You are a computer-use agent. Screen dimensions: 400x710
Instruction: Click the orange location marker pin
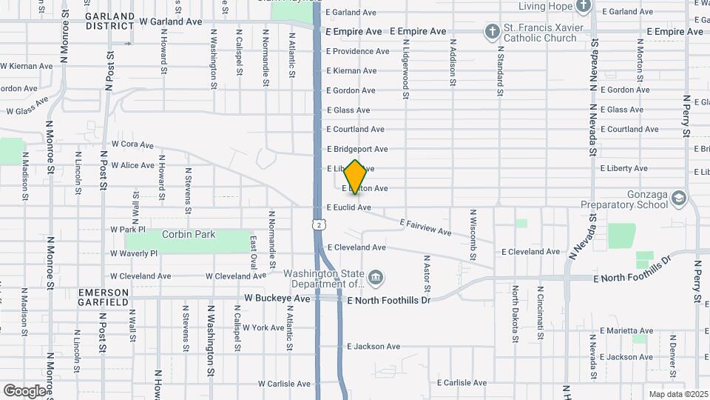356,177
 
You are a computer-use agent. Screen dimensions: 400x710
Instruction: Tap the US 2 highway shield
318,224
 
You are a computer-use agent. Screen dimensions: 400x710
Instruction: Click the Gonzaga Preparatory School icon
680,198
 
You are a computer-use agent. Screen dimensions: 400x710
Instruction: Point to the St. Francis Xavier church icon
491,31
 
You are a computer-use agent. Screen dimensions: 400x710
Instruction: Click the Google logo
24,390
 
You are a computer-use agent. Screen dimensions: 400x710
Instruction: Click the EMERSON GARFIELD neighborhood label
104,297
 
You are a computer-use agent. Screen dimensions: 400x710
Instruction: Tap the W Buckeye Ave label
277,299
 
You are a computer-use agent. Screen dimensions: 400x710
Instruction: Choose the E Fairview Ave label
425,227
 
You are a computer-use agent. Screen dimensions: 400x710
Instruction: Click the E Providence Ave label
358,52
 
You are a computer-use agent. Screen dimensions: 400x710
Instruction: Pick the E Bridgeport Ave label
357,150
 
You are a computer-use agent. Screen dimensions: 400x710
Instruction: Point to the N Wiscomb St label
472,236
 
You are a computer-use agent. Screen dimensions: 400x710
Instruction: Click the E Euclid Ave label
349,208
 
